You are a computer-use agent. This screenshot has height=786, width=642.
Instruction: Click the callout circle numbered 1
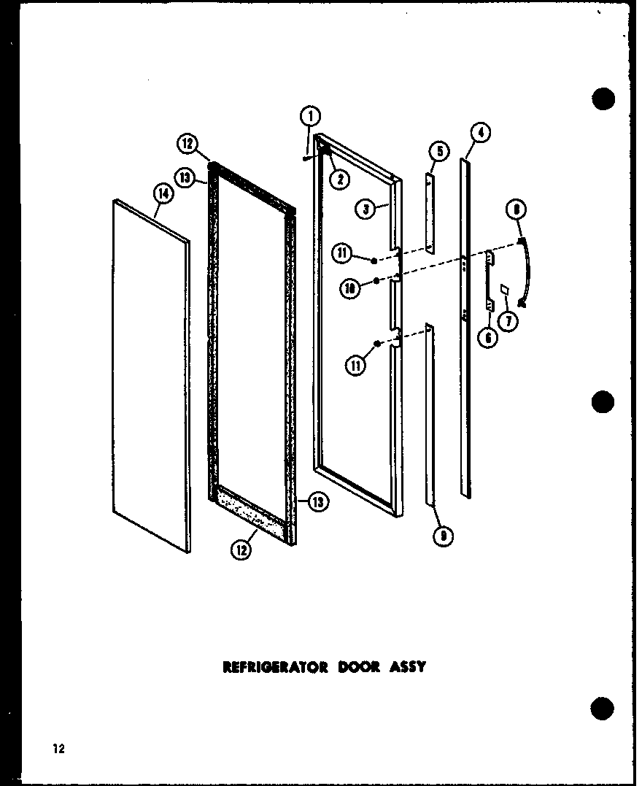pos(310,116)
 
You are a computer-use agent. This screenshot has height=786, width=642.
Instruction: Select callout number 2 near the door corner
pos(339,177)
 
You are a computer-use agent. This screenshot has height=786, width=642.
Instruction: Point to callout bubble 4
pos(479,133)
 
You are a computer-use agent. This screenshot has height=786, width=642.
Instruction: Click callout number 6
pos(488,337)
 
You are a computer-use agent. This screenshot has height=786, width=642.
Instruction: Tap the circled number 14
pos(163,193)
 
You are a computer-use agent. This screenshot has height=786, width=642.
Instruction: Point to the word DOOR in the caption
pos(358,666)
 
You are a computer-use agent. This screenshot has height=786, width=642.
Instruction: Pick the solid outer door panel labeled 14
pos(151,372)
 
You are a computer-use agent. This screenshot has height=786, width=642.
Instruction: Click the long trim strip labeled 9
pos(430,416)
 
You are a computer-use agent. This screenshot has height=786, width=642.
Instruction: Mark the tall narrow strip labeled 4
pos(465,328)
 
